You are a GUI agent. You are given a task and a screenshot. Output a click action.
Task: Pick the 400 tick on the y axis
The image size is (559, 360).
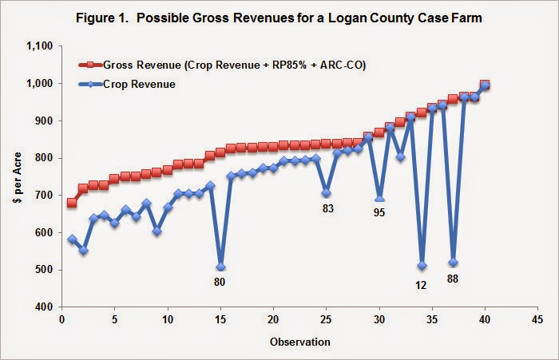43,307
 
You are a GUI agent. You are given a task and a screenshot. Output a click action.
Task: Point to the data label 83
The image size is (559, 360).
327,209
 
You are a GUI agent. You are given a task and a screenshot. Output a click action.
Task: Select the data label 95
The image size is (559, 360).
379,214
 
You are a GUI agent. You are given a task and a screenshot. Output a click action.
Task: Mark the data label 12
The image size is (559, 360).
422,281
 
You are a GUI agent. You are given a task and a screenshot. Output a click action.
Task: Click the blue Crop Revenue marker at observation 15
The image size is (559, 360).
220,267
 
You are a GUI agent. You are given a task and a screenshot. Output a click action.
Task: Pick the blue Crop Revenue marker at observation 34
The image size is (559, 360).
422,266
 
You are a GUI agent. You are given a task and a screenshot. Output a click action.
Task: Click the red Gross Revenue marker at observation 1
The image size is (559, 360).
73,203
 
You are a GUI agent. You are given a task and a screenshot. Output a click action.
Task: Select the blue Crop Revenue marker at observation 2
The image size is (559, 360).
83,251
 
